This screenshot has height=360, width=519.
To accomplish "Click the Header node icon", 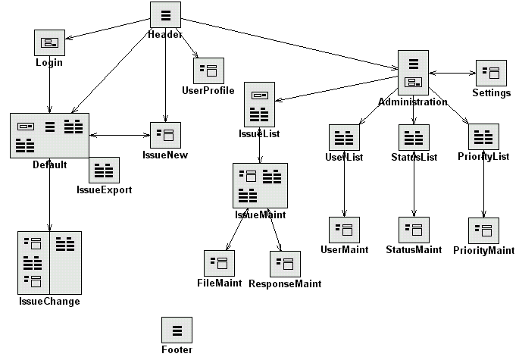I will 165,16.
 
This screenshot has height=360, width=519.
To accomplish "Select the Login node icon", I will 49,42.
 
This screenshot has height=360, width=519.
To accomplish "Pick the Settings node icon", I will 490,74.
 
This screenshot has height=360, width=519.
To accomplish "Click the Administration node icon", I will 414,73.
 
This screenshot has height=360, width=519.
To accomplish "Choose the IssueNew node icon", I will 165,136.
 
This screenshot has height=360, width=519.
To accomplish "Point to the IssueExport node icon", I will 105,170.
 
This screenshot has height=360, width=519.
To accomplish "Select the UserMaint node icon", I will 345,230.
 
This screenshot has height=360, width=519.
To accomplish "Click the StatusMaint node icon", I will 414,230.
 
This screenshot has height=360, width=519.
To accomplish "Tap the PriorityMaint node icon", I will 483,231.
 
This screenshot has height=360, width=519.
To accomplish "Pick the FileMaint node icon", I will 220,264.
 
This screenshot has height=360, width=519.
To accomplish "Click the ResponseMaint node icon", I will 286,264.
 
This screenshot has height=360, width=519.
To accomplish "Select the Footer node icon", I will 177,330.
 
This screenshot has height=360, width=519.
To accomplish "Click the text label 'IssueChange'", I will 49,302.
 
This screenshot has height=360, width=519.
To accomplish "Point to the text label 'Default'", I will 49,164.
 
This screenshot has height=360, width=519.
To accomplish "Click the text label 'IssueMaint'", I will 260,215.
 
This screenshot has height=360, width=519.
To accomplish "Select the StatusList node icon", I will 414,138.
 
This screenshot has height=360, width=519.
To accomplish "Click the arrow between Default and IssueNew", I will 120,136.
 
